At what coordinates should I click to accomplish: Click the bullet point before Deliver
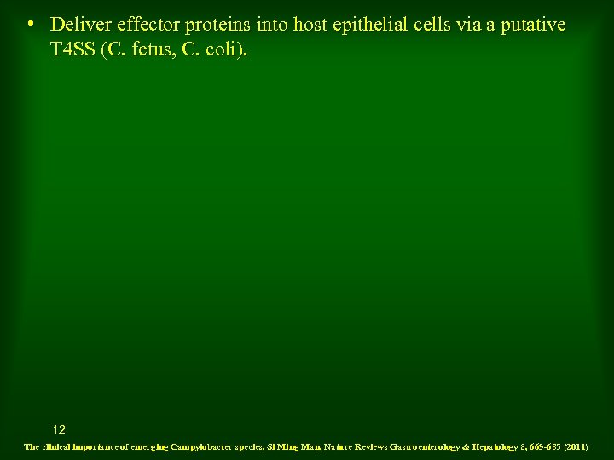click(30, 22)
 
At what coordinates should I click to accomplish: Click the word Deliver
click(78, 25)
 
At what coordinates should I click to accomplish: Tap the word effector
click(147, 25)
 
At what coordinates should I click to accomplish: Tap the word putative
click(533, 26)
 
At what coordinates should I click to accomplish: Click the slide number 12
click(59, 429)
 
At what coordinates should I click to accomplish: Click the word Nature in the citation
click(340, 446)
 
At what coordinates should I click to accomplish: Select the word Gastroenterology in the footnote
click(428, 446)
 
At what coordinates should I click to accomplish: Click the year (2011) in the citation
click(576, 446)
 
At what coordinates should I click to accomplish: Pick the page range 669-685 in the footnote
click(542, 446)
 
